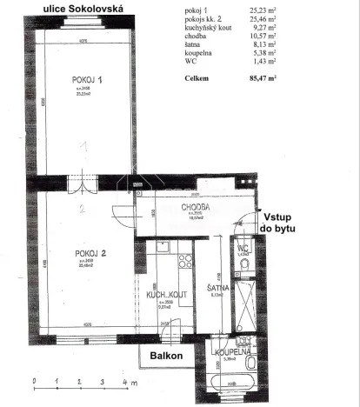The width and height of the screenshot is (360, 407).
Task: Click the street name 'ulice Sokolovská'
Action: [77, 9]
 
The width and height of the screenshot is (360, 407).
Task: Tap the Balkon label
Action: [165, 357]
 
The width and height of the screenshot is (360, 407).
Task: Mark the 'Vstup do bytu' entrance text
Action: [279, 223]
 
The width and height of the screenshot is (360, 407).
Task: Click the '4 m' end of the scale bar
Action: [129, 382]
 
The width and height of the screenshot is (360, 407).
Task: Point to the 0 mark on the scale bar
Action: [32, 382]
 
